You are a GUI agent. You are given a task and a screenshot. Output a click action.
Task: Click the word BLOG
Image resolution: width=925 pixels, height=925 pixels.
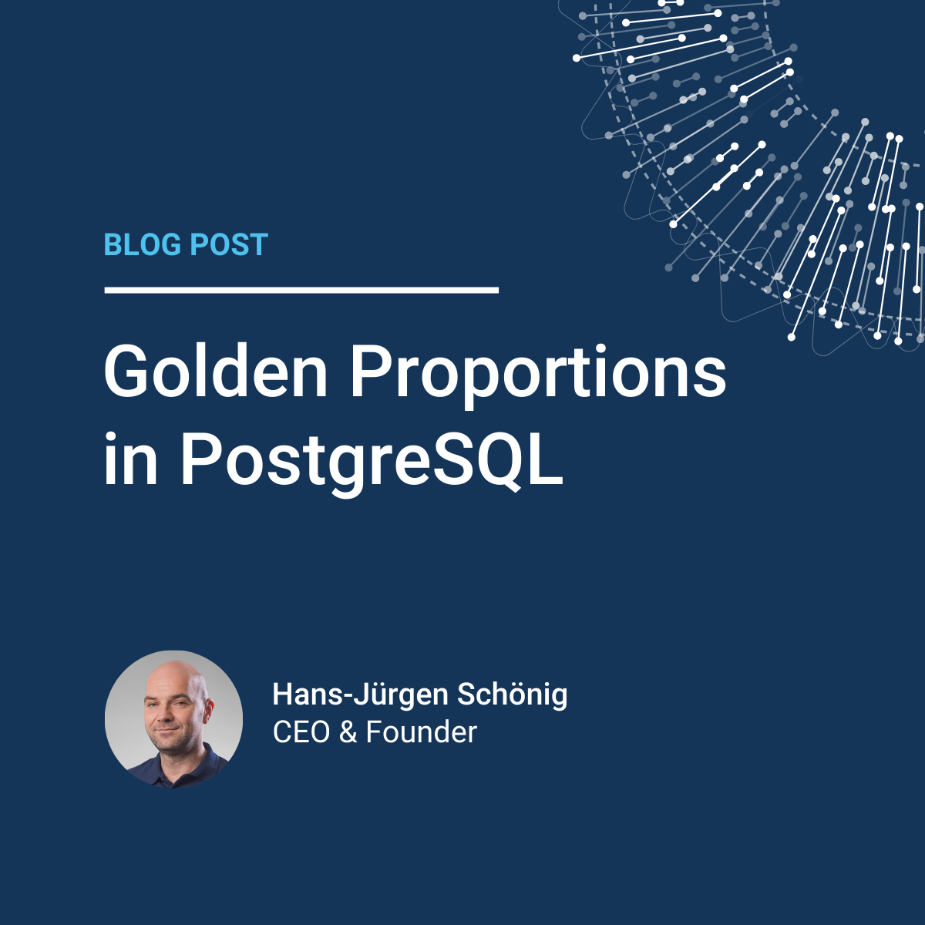click(x=143, y=244)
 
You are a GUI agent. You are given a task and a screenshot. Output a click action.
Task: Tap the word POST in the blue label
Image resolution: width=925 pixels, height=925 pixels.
click(x=229, y=244)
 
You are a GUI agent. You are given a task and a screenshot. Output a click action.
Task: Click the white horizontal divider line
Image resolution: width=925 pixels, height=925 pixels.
click(x=301, y=290)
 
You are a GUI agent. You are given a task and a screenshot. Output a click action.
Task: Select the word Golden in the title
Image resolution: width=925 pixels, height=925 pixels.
click(x=216, y=371)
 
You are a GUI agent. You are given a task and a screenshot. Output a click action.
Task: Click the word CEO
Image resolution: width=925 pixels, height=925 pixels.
click(x=301, y=732)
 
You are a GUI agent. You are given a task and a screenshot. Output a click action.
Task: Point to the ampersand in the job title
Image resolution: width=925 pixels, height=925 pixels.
click(x=348, y=732)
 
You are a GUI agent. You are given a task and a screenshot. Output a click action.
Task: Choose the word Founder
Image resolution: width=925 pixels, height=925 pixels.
click(x=422, y=732)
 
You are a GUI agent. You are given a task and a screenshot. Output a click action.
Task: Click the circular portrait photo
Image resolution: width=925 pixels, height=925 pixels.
click(x=173, y=719)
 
